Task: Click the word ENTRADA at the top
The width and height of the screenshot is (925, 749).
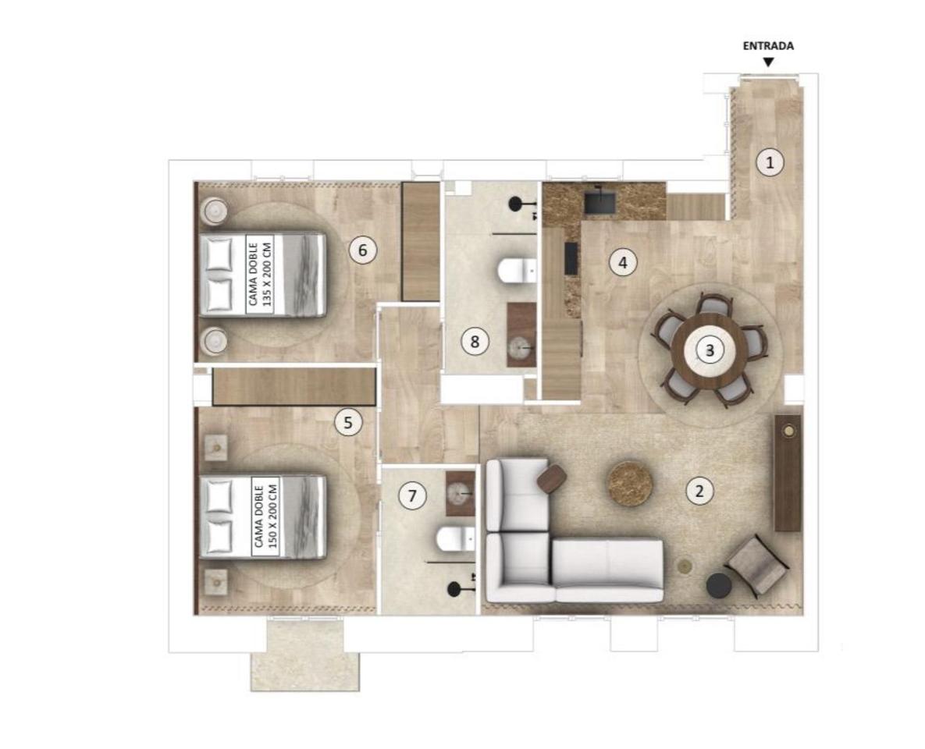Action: tap(768, 46)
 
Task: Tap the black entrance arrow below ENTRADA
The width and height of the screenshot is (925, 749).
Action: tap(768, 62)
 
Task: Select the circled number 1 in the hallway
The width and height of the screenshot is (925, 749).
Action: tap(770, 162)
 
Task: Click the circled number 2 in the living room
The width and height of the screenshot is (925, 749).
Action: tap(699, 491)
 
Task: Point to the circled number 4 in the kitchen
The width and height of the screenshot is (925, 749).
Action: tap(623, 262)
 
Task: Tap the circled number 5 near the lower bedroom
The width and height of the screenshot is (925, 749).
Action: tap(348, 422)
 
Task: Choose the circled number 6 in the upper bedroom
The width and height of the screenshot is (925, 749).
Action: tap(363, 250)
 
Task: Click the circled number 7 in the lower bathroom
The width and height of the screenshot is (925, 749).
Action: tap(412, 496)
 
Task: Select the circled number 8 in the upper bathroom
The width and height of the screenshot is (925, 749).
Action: tap(475, 342)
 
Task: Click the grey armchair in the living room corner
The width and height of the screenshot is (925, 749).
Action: tap(758, 564)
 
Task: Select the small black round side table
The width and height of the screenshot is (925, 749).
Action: tap(719, 586)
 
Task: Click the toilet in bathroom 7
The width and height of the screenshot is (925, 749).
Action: tap(456, 538)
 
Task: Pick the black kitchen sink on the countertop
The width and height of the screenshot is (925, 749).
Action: tap(600, 201)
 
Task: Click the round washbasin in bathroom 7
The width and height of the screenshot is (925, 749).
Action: tap(459, 492)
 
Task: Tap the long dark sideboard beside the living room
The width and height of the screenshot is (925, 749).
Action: tap(788, 472)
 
